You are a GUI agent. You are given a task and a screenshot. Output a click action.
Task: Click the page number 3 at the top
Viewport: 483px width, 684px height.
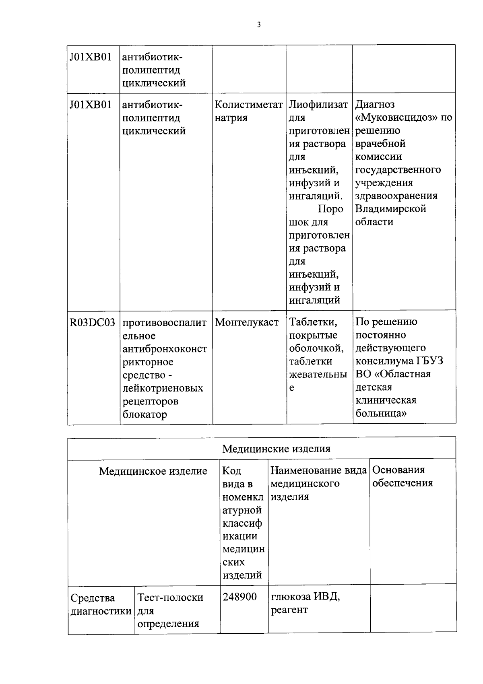[259, 25]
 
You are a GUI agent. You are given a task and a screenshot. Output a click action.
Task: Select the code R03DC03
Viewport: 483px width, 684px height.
[92, 322]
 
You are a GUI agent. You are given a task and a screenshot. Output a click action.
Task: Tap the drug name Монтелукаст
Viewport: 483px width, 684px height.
[247, 322]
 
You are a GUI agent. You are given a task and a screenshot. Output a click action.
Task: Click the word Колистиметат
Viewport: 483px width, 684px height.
[248, 105]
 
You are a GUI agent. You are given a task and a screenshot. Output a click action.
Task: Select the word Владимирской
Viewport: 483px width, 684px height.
[390, 209]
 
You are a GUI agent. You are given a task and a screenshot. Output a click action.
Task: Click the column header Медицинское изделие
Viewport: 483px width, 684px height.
[153, 471]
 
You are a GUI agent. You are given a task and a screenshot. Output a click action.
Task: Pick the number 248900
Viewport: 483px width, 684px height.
[240, 597]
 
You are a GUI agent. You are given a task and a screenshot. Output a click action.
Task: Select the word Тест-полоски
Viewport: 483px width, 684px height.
[170, 597]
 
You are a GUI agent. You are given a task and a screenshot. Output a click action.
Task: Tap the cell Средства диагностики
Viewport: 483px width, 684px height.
[101, 604]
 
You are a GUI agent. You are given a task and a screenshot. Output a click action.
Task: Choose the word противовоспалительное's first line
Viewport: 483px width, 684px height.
[164, 323]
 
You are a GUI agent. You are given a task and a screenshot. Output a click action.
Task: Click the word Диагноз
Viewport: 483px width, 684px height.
[375, 105]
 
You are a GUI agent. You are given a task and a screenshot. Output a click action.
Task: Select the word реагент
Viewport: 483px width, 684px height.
[289, 610]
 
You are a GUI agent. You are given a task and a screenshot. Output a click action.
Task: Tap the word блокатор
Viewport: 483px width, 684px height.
[144, 414]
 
